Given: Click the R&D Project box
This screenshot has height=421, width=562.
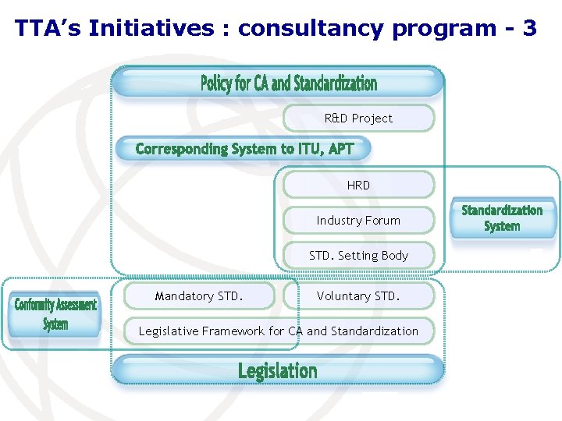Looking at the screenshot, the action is [x=358, y=119].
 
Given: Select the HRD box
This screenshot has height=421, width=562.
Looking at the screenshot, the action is [x=358, y=185].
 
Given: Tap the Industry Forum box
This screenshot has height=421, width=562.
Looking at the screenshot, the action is [x=358, y=221].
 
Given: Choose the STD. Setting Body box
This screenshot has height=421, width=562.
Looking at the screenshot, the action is [x=358, y=256].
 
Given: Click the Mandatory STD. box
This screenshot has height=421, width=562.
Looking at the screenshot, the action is [x=199, y=296].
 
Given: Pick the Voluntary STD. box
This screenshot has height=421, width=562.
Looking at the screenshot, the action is [x=358, y=296].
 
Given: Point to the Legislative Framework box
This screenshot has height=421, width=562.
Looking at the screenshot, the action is [x=279, y=331].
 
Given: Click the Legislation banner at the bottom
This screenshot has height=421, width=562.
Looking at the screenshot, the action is [x=278, y=371].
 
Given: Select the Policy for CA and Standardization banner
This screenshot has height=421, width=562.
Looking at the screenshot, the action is [x=288, y=83].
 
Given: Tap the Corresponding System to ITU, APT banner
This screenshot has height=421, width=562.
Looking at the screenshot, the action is [x=244, y=149].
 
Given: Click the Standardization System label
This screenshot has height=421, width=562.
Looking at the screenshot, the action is [x=502, y=218].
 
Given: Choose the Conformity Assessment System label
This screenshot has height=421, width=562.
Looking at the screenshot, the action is [x=55, y=314].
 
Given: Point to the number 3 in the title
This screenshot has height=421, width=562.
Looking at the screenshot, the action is [x=530, y=29].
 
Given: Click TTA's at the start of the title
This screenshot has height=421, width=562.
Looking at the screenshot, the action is [x=48, y=29].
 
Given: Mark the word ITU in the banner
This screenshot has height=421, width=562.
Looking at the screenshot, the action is [x=310, y=149].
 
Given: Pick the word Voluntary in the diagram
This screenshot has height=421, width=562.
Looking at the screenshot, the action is [x=344, y=296].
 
